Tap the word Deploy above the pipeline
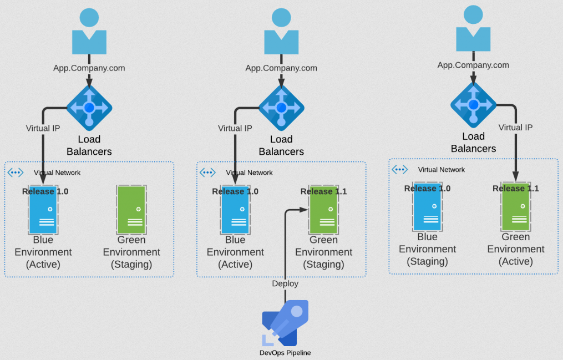[285, 283]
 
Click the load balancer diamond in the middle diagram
[281, 107]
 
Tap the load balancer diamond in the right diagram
[473, 104]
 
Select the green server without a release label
[131, 210]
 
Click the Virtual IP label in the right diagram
[515, 127]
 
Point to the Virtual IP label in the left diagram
[43, 128]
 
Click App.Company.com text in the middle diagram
[281, 68]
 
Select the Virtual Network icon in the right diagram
[399, 170]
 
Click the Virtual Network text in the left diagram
[57, 173]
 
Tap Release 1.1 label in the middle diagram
[323, 191]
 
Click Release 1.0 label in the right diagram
[427, 189]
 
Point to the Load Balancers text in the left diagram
[89, 145]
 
